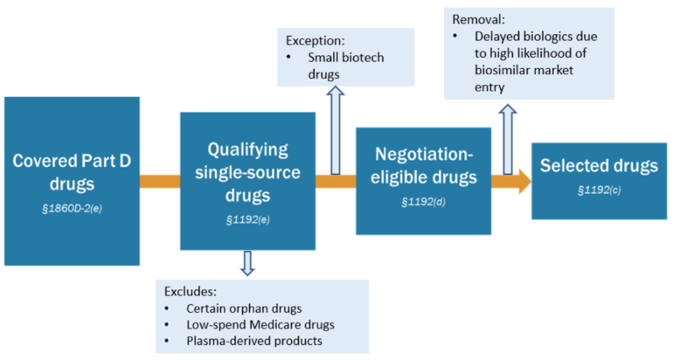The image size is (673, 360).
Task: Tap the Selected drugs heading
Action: pos(592,165)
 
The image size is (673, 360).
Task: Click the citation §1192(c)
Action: pos(592,190)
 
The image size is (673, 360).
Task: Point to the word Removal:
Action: pos(478,18)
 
